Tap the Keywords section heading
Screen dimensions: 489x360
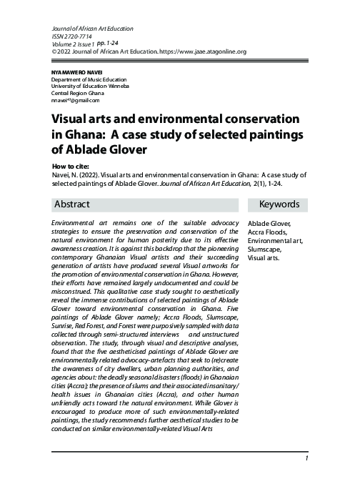tap(279, 204)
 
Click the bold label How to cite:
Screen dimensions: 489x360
tap(71, 164)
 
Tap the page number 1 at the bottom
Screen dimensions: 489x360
tap(306, 458)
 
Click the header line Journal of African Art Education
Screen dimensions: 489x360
tap(92, 29)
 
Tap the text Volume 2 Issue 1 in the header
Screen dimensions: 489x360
tap(74, 44)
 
